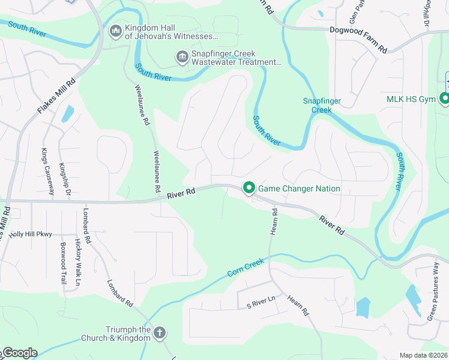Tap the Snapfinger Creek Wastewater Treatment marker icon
[182, 57]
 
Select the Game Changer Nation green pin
[249, 188]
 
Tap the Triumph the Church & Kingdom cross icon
[160, 332]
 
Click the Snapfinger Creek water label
[317, 105]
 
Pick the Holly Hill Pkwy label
[30, 234]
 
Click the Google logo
[19, 353]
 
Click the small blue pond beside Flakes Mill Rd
[67, 113]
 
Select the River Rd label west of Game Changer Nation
[182, 193]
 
